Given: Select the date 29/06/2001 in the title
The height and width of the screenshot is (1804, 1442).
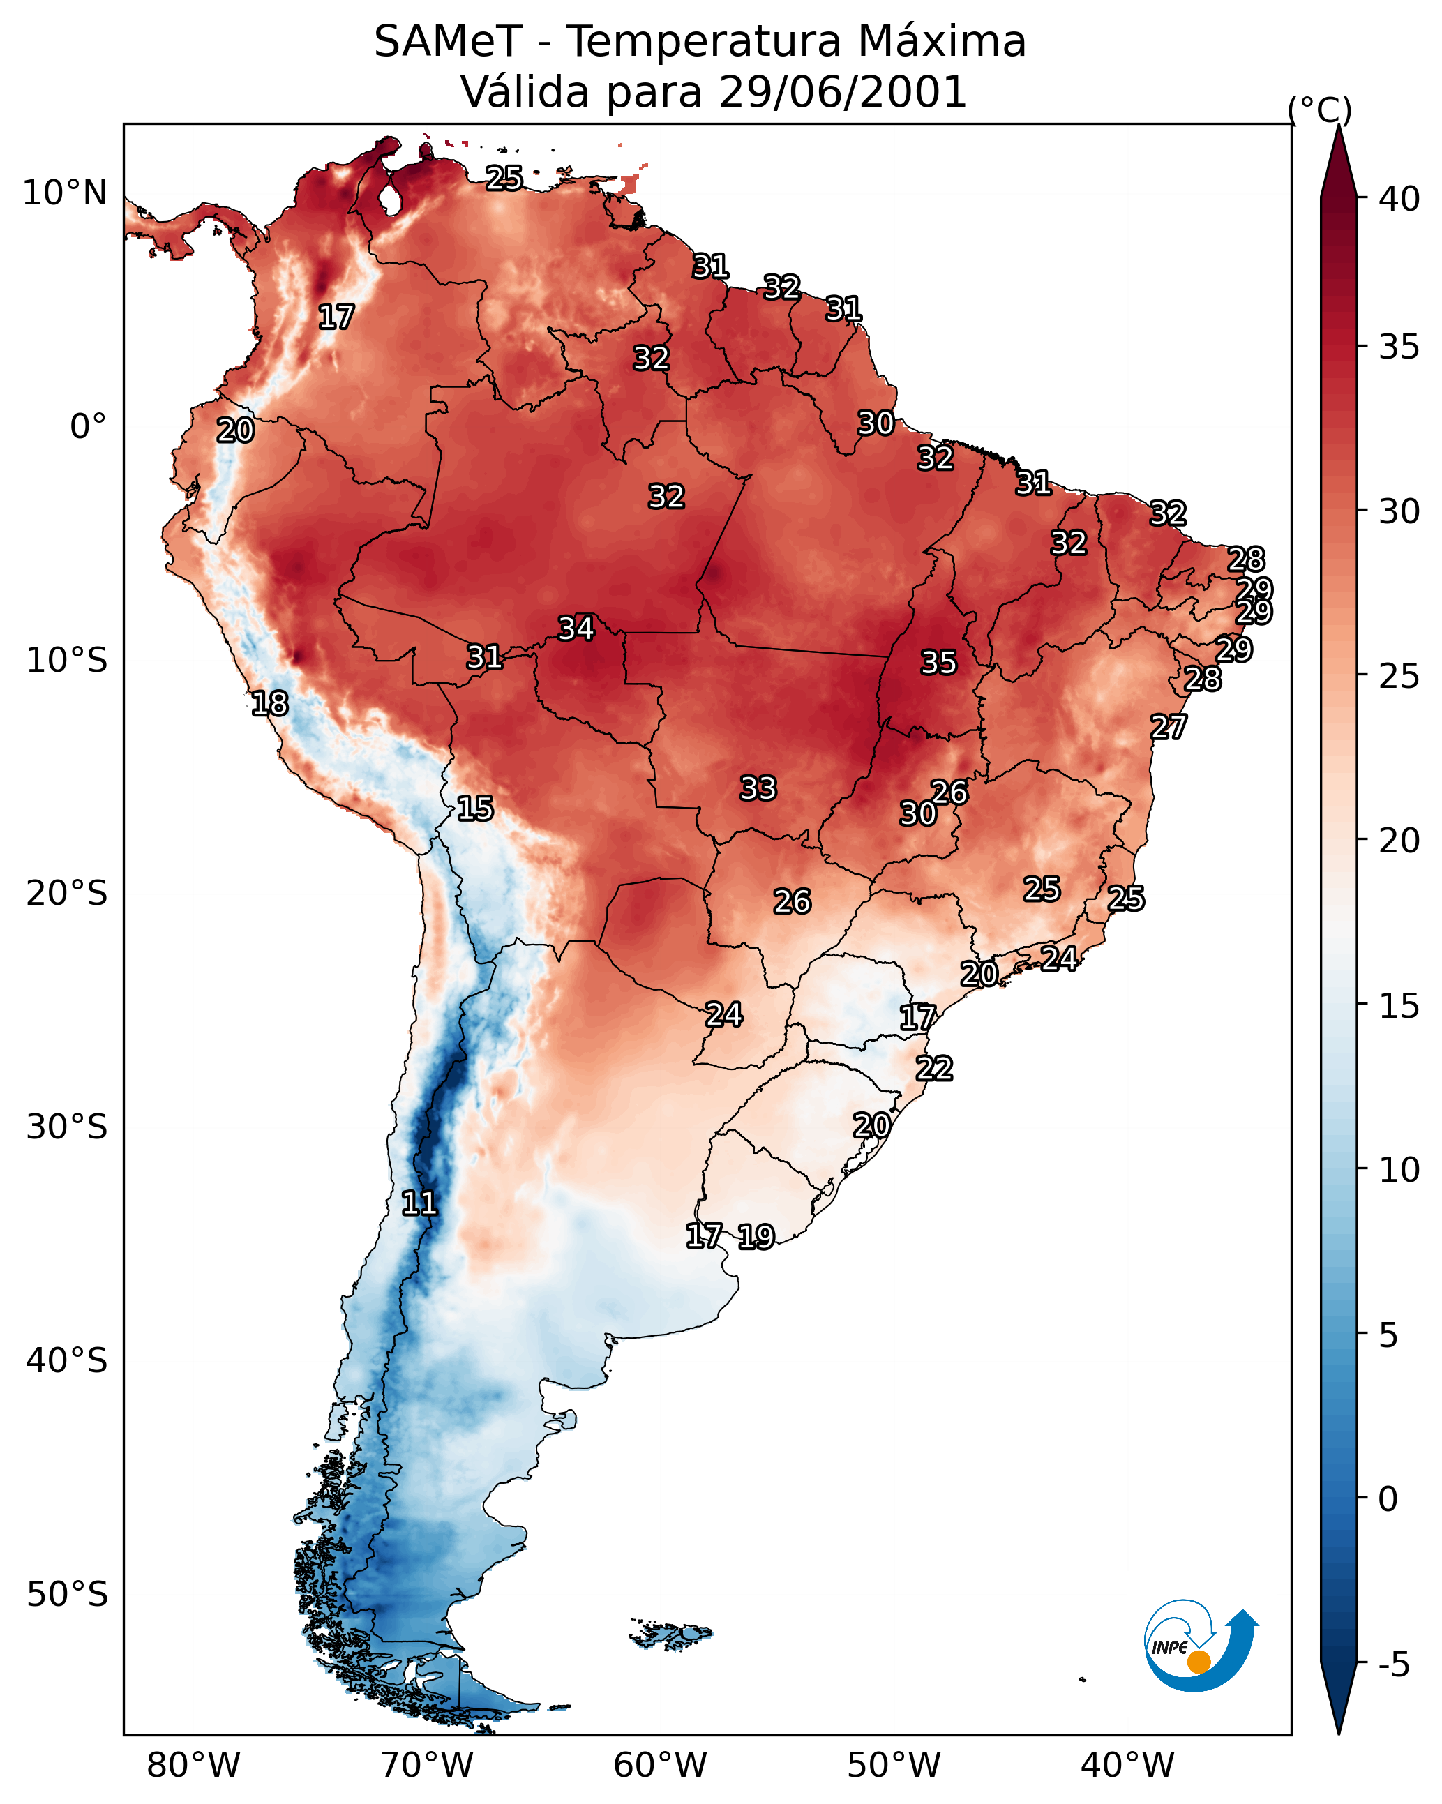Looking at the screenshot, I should (x=842, y=92).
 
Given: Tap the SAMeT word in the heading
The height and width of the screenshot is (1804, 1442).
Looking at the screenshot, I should (x=448, y=42).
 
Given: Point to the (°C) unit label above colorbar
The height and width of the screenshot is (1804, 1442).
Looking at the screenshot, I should (x=1320, y=110).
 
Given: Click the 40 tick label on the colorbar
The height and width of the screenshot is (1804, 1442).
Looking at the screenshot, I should (x=1399, y=199).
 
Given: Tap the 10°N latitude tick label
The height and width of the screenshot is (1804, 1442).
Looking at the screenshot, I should (x=64, y=193).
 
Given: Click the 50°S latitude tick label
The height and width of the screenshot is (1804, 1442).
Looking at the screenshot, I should (x=67, y=1595).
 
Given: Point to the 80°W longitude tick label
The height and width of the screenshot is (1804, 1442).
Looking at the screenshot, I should (x=193, y=1766).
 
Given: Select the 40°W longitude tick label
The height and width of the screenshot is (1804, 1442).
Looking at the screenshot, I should (x=1127, y=1766).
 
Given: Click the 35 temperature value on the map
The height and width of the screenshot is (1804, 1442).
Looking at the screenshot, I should (x=938, y=663).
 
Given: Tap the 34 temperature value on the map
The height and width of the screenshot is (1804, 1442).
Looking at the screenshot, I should (x=576, y=629).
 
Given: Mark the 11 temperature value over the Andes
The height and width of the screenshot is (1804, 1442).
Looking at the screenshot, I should (x=419, y=1203).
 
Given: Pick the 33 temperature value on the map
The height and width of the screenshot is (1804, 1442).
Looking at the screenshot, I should (x=758, y=788).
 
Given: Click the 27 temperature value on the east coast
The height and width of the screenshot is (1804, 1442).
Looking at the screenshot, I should (x=1169, y=727).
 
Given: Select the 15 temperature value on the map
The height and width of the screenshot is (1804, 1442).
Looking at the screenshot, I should (x=474, y=809).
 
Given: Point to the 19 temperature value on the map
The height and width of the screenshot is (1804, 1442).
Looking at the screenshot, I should (x=756, y=1237).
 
